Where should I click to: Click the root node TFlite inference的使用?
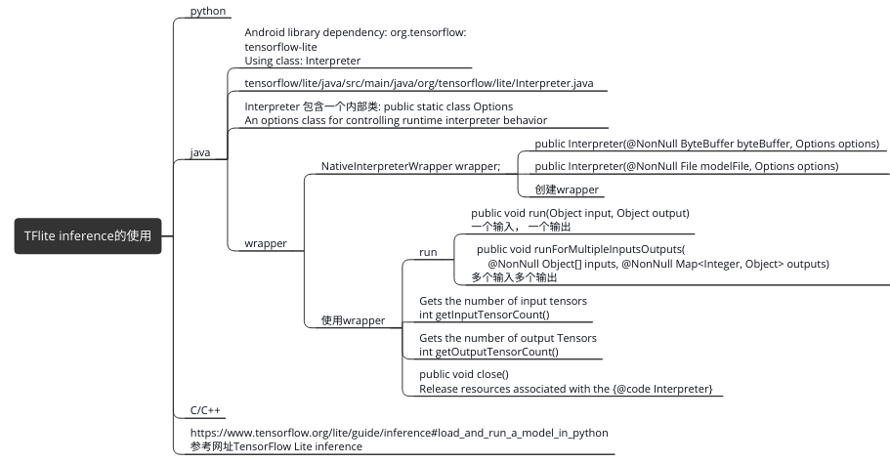[88, 235]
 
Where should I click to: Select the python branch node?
[208, 12]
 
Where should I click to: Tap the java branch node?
[199, 152]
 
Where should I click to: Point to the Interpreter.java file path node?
[418, 84]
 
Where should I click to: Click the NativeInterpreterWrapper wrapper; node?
[410, 166]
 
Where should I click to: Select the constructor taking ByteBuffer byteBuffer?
[707, 144]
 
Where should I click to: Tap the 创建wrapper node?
[567, 189]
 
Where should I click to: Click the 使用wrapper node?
[353, 319]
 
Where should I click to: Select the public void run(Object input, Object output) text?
[580, 213]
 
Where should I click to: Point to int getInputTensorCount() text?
[484, 315]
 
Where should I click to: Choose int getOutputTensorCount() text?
[488, 352]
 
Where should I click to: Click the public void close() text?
[464, 374]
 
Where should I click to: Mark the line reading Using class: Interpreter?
[302, 61]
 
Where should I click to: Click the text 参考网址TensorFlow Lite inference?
[275, 446]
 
